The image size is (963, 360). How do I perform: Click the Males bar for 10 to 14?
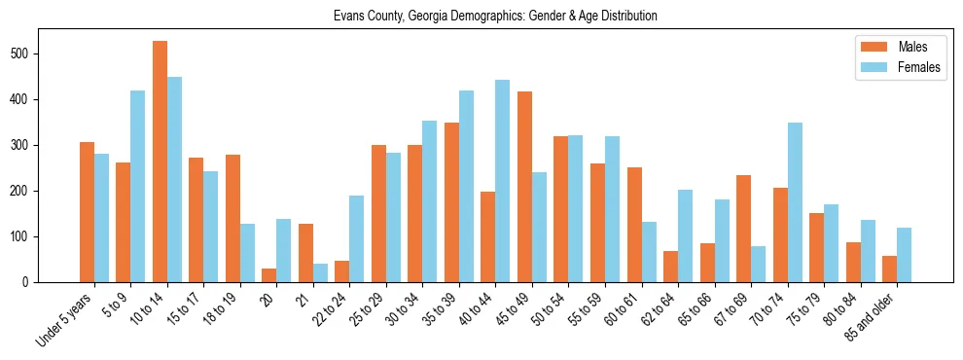click(160, 162)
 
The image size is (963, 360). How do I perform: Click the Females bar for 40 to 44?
click(503, 179)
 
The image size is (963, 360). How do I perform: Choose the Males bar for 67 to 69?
click(743, 229)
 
